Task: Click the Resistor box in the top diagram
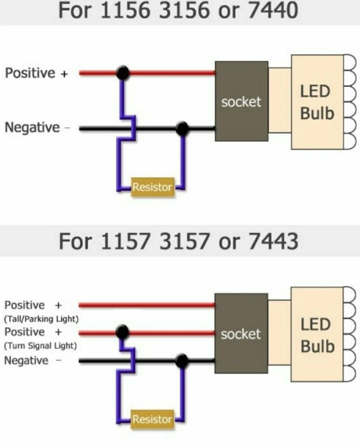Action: pyautogui.click(x=153, y=187)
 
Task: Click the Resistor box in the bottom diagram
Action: pyautogui.click(x=153, y=419)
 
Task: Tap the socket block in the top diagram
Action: pyautogui.click(x=241, y=101)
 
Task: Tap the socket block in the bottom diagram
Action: pyautogui.click(x=241, y=334)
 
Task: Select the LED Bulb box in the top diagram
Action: pyautogui.click(x=317, y=102)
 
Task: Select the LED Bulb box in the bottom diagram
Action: pyautogui.click(x=317, y=335)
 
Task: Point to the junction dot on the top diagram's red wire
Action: pyautogui.click(x=123, y=73)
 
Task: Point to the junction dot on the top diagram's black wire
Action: pyautogui.click(x=182, y=128)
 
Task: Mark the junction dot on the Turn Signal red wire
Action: pyautogui.click(x=123, y=332)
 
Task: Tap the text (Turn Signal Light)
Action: pyautogui.click(x=40, y=346)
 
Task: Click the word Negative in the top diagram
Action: pyautogui.click(x=32, y=128)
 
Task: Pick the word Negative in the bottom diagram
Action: pyautogui.click(x=26, y=360)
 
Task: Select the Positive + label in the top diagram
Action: pyautogui.click(x=36, y=73)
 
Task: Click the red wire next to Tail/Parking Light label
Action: pyautogui.click(x=148, y=305)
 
